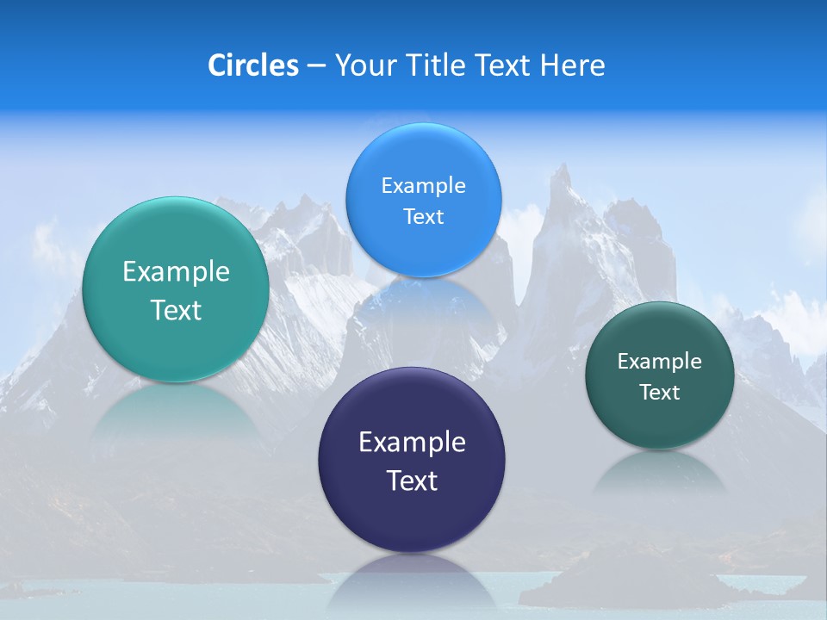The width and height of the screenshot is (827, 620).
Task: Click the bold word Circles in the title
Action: click(252, 65)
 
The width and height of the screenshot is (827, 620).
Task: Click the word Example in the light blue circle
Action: click(423, 186)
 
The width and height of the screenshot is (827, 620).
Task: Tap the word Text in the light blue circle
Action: click(423, 217)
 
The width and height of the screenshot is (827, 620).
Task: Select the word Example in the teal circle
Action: click(176, 272)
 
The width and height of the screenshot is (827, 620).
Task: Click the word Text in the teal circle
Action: click(176, 310)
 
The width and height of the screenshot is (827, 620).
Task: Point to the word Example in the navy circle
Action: click(412, 443)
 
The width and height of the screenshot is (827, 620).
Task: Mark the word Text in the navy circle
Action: click(412, 480)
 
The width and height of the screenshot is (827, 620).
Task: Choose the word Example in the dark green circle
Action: click(659, 362)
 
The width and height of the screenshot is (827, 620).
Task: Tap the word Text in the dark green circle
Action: click(659, 393)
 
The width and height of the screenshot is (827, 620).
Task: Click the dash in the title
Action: click(315, 66)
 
